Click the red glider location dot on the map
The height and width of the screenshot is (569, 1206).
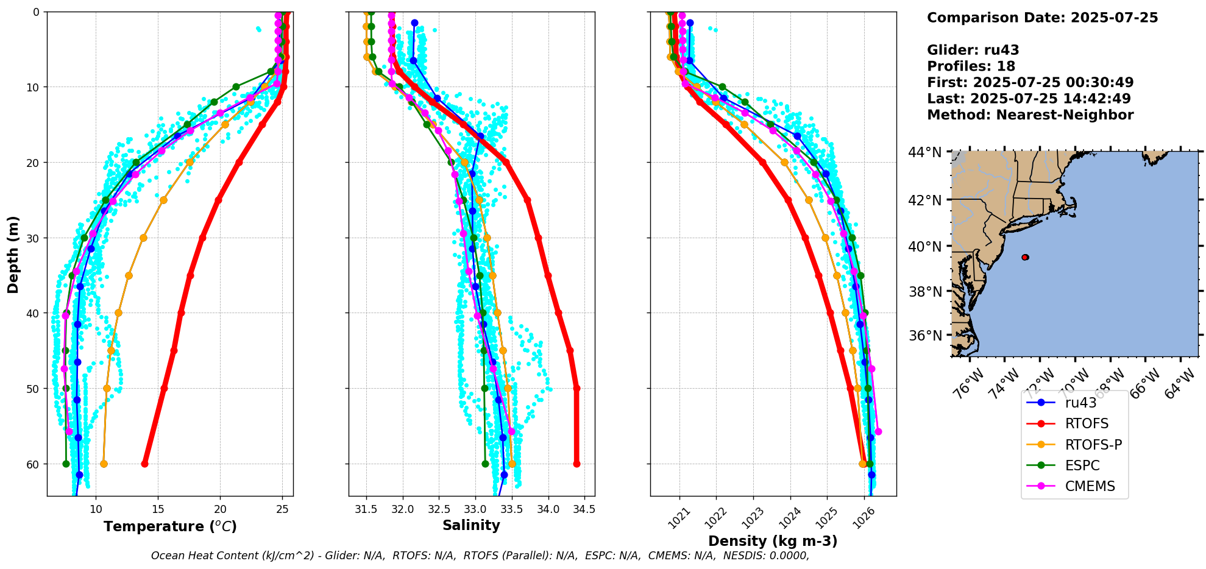1025,257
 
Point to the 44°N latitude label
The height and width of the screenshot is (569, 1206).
925,152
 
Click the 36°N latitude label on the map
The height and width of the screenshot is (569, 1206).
925,336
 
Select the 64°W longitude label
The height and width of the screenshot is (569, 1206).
1180,383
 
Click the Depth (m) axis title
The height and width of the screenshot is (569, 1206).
13,254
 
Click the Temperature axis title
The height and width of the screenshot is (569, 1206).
170,526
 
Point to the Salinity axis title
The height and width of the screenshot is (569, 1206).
471,525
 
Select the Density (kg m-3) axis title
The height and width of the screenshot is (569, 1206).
773,541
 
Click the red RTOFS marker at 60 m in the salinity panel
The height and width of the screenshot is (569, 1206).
576,464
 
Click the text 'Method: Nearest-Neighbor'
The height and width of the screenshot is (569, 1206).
1030,115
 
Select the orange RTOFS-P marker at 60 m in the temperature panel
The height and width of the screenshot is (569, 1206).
104,464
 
